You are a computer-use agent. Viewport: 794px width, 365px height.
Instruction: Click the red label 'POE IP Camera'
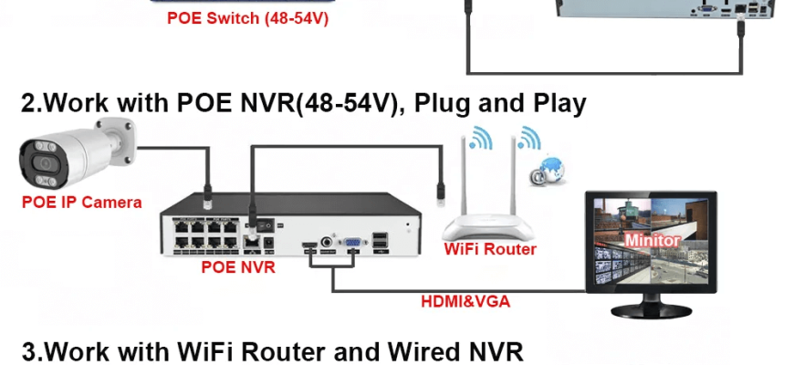81,203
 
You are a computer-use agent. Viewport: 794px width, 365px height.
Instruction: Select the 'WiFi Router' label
489,248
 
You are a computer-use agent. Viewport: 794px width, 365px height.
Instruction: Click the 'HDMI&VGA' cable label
465,301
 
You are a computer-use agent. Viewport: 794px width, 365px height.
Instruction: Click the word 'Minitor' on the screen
653,240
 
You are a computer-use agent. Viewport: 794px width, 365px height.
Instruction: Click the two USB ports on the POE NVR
380,243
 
